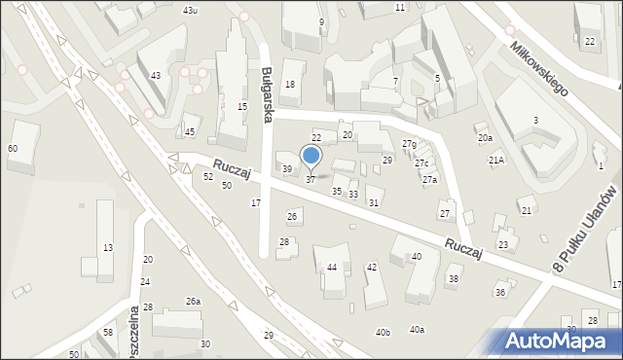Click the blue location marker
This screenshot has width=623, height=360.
pos(311,156)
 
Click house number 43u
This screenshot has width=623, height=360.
pos(191,10)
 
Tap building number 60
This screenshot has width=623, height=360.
pos(12,148)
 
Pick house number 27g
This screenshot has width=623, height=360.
pos(409,144)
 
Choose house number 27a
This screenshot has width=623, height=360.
pos(429,180)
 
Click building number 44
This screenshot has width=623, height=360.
pos(332,267)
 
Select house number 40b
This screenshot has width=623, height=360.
pos(383,333)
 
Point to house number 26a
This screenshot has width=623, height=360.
pos(194,302)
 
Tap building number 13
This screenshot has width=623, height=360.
pos(108,248)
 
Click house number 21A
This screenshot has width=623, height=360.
pos(496,160)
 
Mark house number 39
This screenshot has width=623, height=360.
pos(287,169)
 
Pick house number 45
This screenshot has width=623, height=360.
pos(190,132)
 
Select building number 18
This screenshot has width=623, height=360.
pos(289,86)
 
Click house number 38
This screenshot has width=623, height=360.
pos(453,280)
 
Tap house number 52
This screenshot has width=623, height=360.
pos(208,177)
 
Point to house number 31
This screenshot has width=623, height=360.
pos(373,202)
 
